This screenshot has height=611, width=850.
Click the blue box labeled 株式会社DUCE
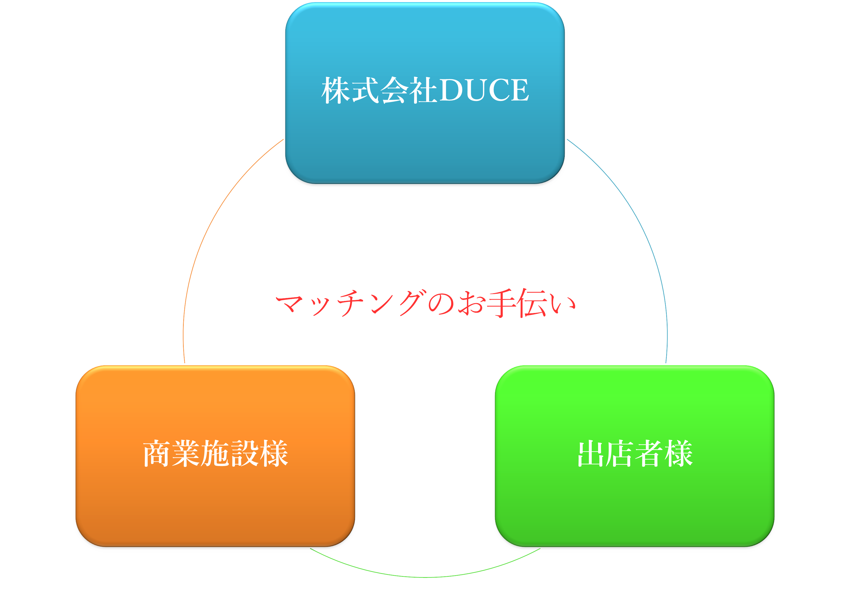tap(425, 93)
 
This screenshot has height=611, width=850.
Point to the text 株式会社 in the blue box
tap(379, 90)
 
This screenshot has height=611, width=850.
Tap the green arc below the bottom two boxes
tap(425, 577)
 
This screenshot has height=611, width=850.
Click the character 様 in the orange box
tap(274, 453)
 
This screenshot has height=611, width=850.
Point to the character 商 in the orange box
tap(157, 453)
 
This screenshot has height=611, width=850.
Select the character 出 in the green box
tap(591, 453)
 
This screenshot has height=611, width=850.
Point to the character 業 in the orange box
tap(186, 453)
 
